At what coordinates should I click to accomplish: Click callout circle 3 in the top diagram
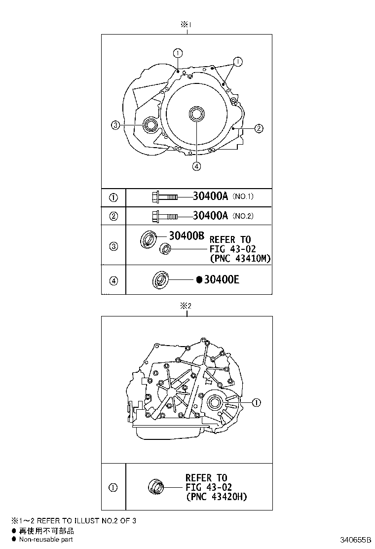point(114,125)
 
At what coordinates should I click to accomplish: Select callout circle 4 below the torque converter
point(196,166)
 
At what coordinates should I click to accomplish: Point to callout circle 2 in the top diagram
point(259,129)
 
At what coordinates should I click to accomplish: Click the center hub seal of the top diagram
point(196,114)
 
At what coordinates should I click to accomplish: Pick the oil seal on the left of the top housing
point(150,125)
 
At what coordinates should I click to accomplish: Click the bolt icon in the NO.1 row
point(164,197)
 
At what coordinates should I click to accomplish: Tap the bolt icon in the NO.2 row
point(164,216)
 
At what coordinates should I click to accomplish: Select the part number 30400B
point(186,236)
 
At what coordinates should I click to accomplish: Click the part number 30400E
point(222,280)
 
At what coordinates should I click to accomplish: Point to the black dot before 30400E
point(199,280)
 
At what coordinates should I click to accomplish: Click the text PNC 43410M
point(240,258)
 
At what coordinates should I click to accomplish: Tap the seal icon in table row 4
point(161,279)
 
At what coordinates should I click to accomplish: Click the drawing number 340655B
point(354,540)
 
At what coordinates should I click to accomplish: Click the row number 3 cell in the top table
point(113,246)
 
